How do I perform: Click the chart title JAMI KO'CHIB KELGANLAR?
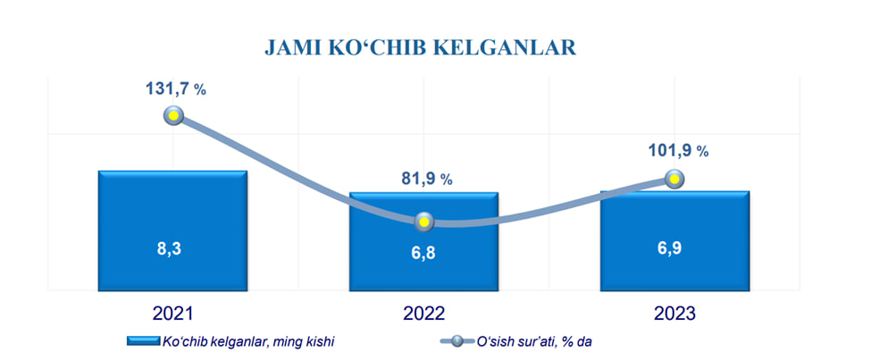point(420,46)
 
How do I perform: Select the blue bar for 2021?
point(172,205)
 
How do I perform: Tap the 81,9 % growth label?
point(423,178)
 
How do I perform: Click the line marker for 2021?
point(173,116)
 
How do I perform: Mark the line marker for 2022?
point(424,222)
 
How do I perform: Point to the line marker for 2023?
point(675,180)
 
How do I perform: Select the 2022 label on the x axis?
point(423,314)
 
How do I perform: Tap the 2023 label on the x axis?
point(674,314)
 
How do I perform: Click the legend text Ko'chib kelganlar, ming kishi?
point(247,341)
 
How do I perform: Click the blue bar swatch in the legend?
point(143,341)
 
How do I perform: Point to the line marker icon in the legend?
point(457,341)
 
